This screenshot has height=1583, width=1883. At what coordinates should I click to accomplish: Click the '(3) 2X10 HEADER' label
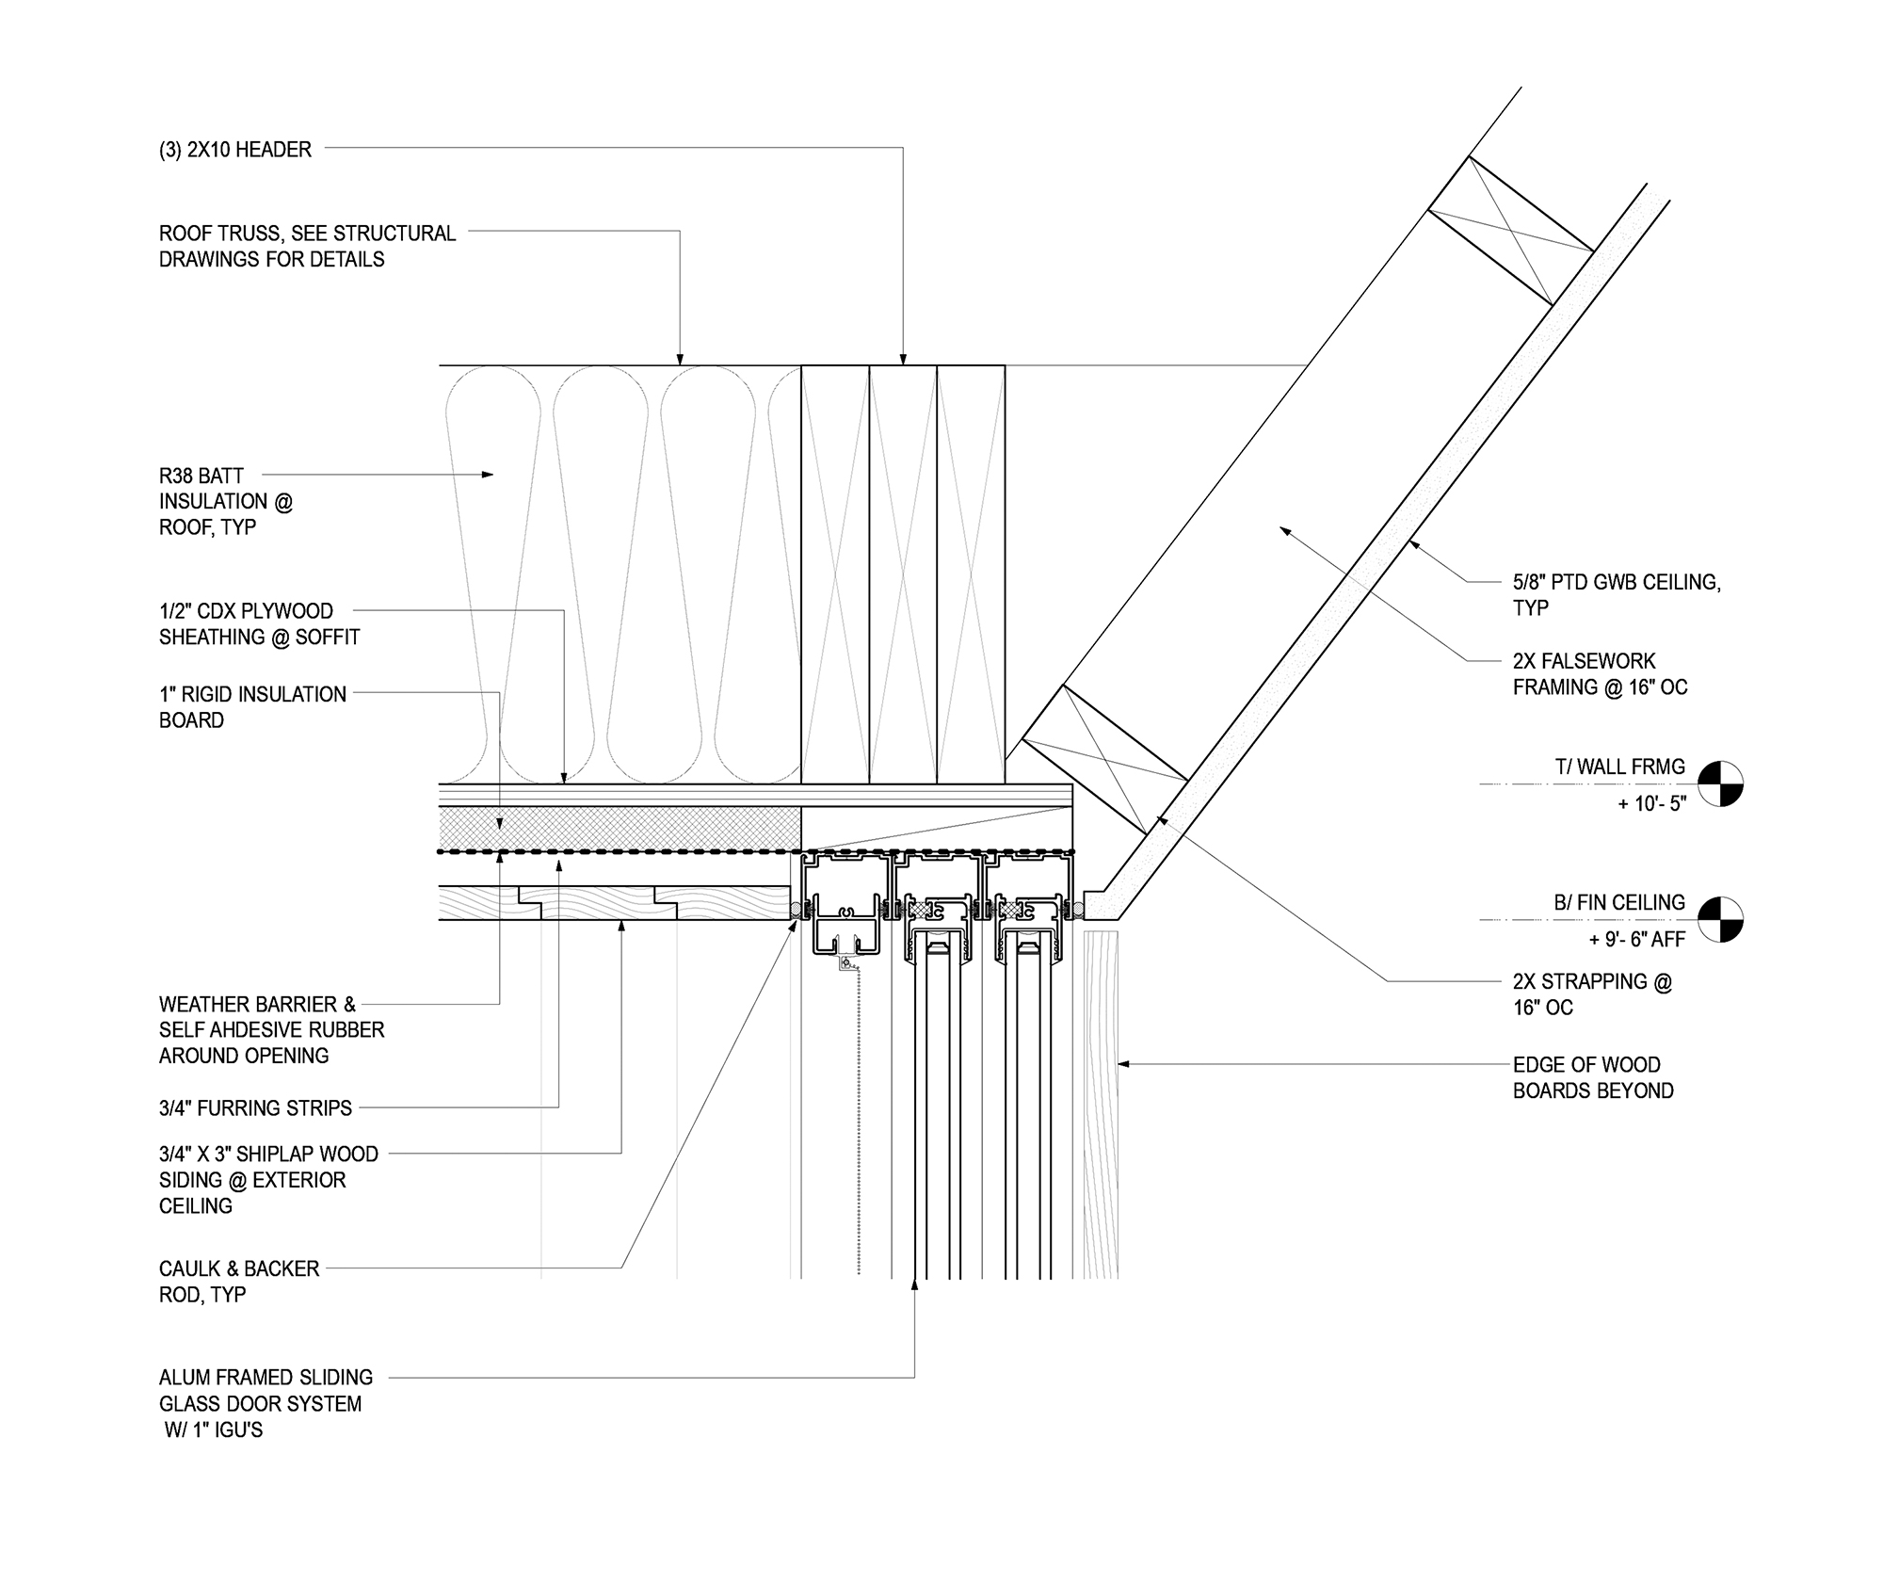(234, 150)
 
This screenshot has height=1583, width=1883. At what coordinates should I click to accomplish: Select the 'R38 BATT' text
(201, 477)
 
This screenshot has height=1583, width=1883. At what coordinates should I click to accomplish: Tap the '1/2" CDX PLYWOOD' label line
(246, 611)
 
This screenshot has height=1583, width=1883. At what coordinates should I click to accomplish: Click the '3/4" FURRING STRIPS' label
(255, 1108)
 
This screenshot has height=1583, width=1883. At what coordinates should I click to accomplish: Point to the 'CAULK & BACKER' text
(239, 1268)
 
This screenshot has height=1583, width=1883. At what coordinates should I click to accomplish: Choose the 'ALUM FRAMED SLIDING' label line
(266, 1378)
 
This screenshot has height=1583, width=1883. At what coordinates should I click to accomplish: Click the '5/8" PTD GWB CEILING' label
(1617, 582)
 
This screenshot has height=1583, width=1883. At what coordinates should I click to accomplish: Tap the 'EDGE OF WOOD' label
(1586, 1065)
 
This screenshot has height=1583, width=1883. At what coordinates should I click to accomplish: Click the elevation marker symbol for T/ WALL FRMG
(1720, 783)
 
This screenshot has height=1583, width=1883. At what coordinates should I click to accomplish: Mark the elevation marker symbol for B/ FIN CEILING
(1720, 919)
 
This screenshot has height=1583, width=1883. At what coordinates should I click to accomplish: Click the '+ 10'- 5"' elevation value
(1651, 805)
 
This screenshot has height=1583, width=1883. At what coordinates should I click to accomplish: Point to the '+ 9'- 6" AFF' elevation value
(1636, 940)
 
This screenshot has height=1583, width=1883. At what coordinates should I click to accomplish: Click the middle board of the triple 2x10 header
(903, 574)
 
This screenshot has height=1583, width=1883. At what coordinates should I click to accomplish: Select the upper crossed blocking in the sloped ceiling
(1510, 231)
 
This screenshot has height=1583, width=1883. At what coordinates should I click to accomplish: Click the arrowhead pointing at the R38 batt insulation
(487, 475)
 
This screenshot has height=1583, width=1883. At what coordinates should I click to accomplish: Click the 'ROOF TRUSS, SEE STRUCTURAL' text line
(307, 234)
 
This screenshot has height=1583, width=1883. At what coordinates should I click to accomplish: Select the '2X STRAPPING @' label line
(1592, 981)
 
